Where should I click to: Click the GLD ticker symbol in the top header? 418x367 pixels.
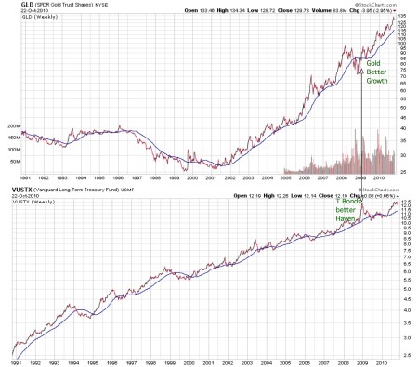[x=9, y=5]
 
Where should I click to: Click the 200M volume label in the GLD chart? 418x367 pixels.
[x=12, y=125]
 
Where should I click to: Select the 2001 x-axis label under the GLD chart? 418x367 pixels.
[x=214, y=178]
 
